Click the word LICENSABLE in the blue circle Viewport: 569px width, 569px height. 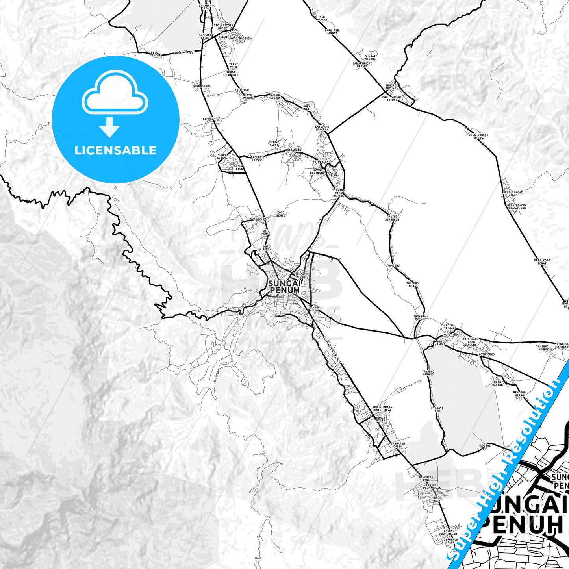[x=115, y=150]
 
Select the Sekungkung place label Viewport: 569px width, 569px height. [x=202, y=86]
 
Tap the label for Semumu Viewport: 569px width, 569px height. [x=208, y=119]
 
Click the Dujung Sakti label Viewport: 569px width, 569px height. [x=274, y=144]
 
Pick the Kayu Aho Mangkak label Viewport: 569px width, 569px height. [x=322, y=128]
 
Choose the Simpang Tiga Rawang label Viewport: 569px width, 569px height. [x=338, y=193]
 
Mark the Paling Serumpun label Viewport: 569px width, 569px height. [x=392, y=218]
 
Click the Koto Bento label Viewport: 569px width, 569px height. [x=280, y=214]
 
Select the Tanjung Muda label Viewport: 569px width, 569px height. [x=412, y=285]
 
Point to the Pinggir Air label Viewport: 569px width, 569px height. [x=437, y=410]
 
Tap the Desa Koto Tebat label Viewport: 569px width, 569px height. [x=542, y=262]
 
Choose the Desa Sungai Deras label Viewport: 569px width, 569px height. [x=478, y=136]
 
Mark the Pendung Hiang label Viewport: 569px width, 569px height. [x=519, y=394]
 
